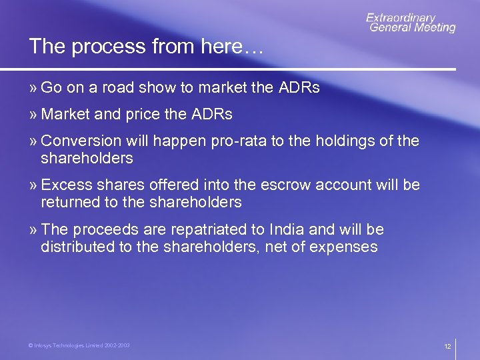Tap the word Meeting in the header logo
click(x=433, y=27)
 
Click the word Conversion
click(x=81, y=141)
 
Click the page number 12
click(x=447, y=347)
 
